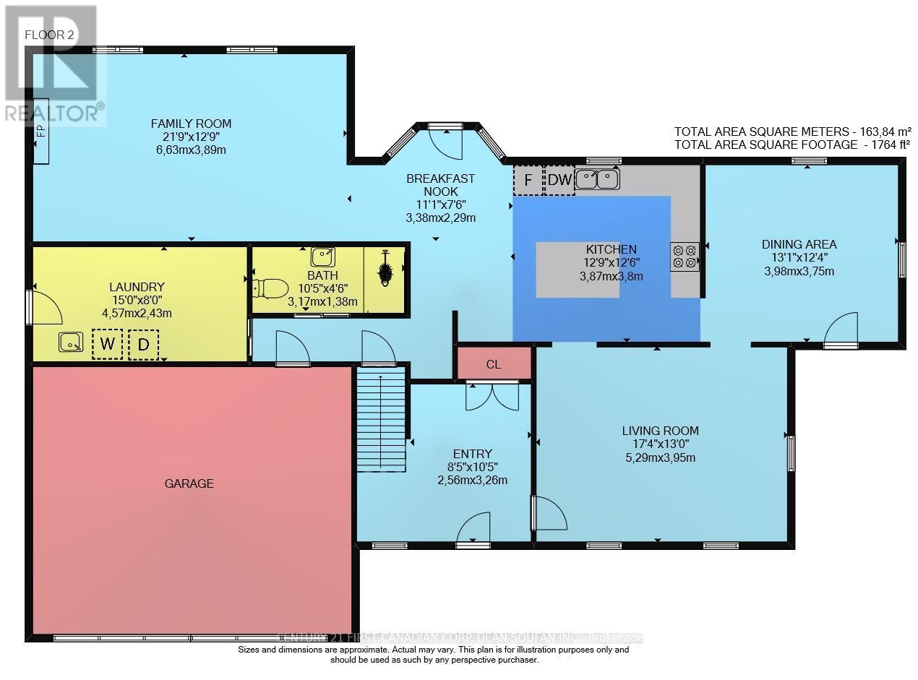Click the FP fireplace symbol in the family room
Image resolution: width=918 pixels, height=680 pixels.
tap(41, 132)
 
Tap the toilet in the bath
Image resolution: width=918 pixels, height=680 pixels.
tap(270, 288)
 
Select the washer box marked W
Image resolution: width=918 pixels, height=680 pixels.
tap(108, 343)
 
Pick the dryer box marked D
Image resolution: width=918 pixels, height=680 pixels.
tap(143, 345)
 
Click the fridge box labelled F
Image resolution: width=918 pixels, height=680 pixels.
tap(528, 180)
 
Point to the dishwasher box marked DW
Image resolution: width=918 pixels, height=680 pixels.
tap(559, 180)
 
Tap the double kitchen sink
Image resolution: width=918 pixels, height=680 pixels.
tap(598, 179)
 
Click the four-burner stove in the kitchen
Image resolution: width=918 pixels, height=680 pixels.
tap(685, 257)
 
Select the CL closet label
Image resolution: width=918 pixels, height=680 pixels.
tap(494, 364)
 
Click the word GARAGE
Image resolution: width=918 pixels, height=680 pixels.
tap(189, 483)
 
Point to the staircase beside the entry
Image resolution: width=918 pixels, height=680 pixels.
tap(381, 419)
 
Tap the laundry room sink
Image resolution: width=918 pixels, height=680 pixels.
tap(71, 343)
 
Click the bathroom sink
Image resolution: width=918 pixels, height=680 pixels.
tap(323, 257)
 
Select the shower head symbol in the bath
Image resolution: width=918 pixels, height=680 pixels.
tap(385, 269)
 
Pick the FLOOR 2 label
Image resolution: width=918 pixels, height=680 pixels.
tap(49, 35)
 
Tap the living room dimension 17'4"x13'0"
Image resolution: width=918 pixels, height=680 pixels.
tap(661, 444)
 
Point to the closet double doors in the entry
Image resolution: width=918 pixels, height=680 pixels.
tap(492, 396)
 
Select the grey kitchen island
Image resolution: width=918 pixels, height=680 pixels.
tap(578, 270)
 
